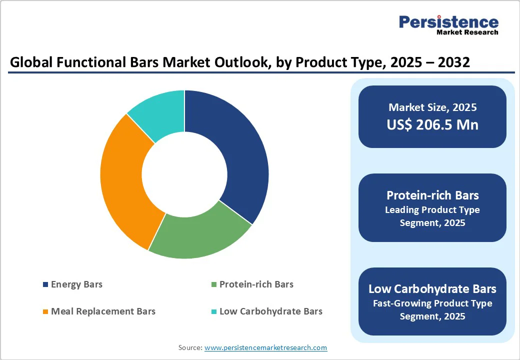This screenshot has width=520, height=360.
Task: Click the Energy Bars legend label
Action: (x=76, y=284)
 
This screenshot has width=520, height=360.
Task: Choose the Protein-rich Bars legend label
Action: (x=256, y=284)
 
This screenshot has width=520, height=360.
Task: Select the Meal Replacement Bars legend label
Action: (x=103, y=311)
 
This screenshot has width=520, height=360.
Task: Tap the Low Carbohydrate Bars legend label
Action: (x=270, y=311)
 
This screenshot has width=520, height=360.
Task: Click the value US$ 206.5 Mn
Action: (x=432, y=124)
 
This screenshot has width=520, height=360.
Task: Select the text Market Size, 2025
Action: (x=432, y=107)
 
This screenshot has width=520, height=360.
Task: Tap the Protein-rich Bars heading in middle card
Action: (x=432, y=195)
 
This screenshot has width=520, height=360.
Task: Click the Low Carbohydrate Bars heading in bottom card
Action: (x=432, y=288)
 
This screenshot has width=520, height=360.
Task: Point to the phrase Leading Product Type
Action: (x=432, y=210)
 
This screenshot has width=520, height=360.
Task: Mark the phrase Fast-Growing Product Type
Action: (x=432, y=303)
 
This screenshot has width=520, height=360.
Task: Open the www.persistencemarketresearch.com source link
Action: (x=265, y=347)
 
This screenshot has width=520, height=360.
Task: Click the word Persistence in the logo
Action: (x=448, y=22)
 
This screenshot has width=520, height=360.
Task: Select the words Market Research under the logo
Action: (x=467, y=32)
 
